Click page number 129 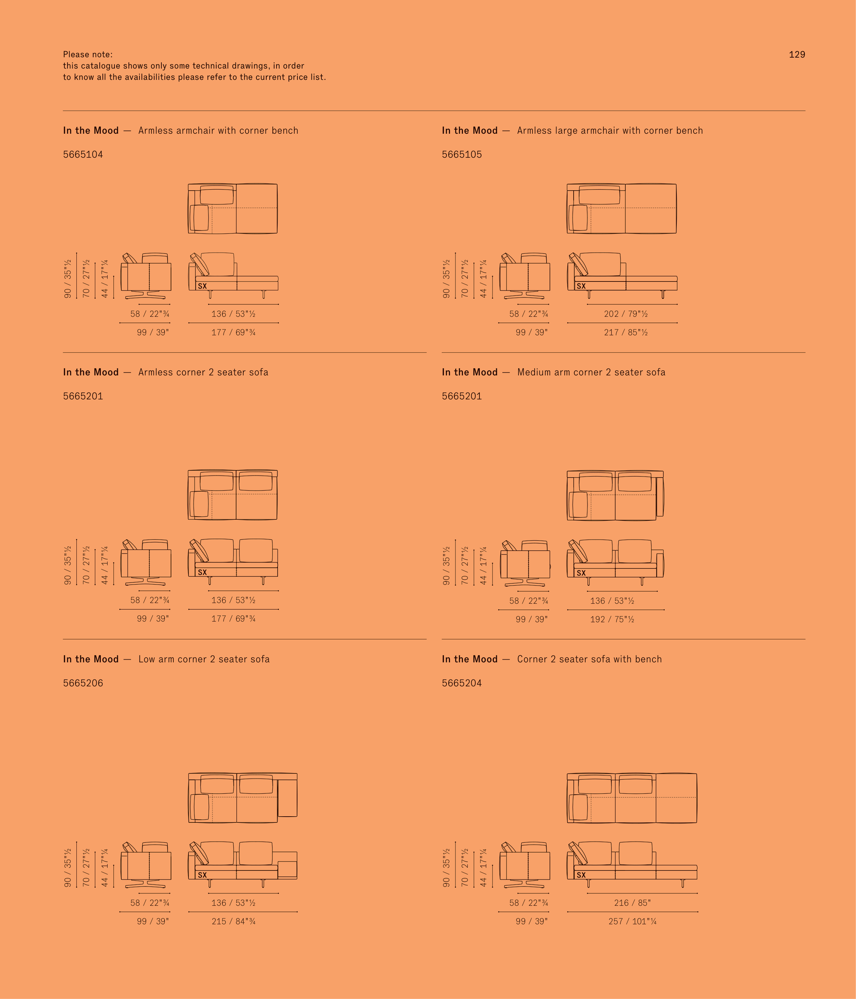pyautogui.click(x=797, y=55)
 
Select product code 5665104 pyautogui.click(x=83, y=154)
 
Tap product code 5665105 pyautogui.click(x=462, y=154)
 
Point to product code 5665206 pyautogui.click(x=83, y=683)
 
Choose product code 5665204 pyautogui.click(x=462, y=683)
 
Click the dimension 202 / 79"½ pyautogui.click(x=626, y=314)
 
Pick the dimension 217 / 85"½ pyautogui.click(x=626, y=332)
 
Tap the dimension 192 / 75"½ pyautogui.click(x=612, y=619)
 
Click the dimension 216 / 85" pyautogui.click(x=632, y=903)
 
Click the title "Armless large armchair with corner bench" pyautogui.click(x=610, y=131)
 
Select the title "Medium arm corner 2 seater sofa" pyautogui.click(x=591, y=372)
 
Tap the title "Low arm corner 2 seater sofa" pyautogui.click(x=204, y=659)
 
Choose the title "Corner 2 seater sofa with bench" pyautogui.click(x=589, y=659)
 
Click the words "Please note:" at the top pyautogui.click(x=88, y=55)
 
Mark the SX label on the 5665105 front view pyautogui.click(x=581, y=286)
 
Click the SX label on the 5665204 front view pyautogui.click(x=581, y=875)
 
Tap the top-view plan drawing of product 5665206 pyautogui.click(x=242, y=798)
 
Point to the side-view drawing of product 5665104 pyautogui.click(x=146, y=276)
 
